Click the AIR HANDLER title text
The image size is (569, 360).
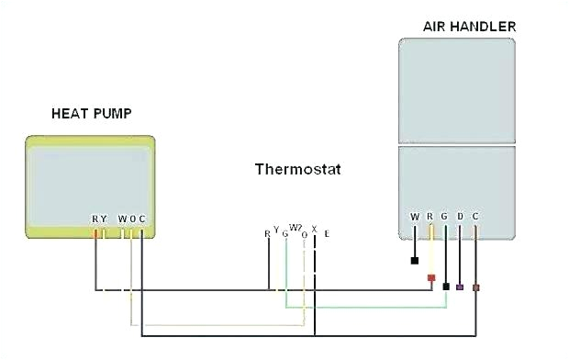coord(469,26)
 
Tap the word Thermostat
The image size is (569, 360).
coord(291,169)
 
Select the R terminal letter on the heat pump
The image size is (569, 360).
coord(95,219)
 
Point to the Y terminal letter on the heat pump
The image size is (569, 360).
coord(104,219)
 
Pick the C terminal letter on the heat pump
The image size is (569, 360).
coord(142,219)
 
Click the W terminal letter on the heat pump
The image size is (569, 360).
coord(121,219)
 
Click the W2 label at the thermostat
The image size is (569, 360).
coord(295,227)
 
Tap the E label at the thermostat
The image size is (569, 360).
coord(326,233)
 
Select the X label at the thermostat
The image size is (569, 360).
coord(314,229)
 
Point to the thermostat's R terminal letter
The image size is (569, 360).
coord(267,233)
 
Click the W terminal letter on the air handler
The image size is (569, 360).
coord(415,217)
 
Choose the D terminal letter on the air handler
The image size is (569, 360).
coord(460,217)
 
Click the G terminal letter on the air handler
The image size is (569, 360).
coord(445,217)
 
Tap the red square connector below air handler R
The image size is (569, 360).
coord(430,276)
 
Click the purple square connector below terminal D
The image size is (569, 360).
coord(460,287)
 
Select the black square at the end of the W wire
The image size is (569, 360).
coord(415,260)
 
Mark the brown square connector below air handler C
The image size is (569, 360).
coord(475,287)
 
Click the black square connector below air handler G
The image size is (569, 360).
coord(446,287)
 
